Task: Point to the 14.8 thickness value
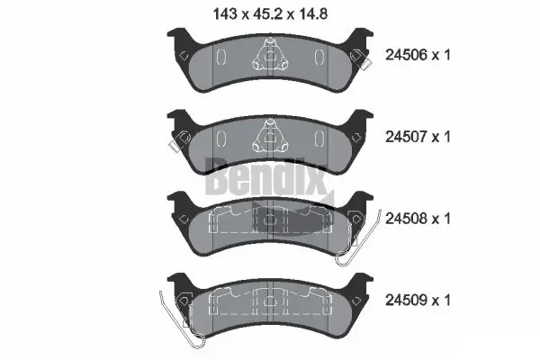coord(320,13)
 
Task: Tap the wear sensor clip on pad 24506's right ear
coord(363,59)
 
